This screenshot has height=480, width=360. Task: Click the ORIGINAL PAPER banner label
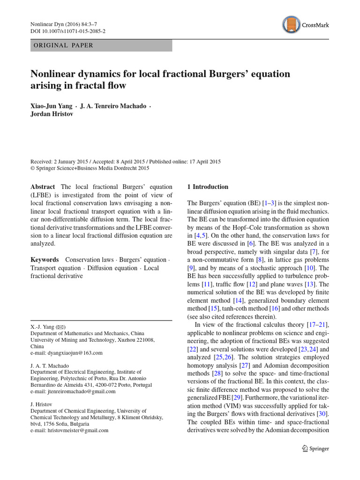point(62,45)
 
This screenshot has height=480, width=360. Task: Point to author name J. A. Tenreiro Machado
point(112,106)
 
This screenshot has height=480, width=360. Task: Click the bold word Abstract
point(43,187)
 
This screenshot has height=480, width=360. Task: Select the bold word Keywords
point(45,260)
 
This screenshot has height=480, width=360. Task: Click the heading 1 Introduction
point(208,187)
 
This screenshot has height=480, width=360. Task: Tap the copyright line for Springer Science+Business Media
point(90,168)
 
